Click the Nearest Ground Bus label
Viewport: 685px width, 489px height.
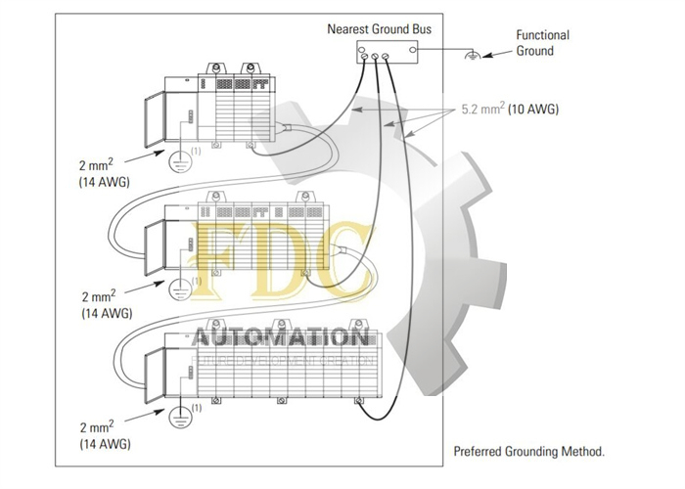click(379, 29)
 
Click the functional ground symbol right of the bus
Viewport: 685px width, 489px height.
click(473, 57)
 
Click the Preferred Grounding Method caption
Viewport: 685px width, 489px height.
click(529, 452)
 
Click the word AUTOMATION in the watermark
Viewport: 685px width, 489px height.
click(282, 338)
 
